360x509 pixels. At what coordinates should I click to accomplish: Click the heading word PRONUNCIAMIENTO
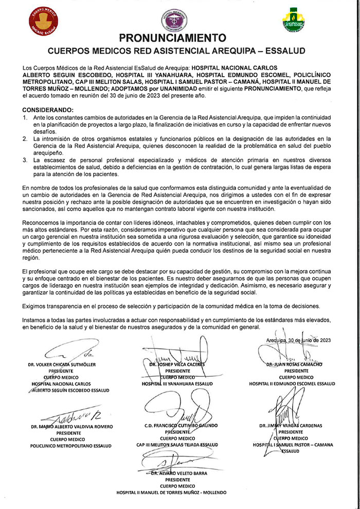172,38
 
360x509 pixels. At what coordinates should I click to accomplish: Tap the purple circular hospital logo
173,17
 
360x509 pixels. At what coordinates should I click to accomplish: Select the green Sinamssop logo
296,19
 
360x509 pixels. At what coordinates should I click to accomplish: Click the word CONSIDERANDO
48,111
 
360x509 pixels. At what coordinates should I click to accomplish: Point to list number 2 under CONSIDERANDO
26,139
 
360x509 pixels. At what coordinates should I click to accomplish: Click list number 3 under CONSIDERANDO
26,161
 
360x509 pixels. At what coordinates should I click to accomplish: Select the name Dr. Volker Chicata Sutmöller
62,364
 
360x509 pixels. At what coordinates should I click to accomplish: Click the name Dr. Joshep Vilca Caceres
177,364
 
